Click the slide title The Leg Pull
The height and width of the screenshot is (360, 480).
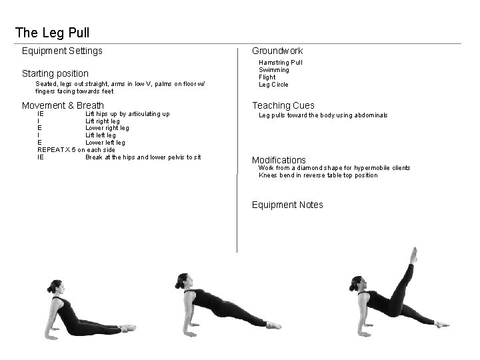point(52,32)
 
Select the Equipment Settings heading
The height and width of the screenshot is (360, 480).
point(62,51)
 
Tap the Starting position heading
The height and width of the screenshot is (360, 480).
point(55,73)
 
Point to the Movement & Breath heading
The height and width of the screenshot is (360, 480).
point(63,105)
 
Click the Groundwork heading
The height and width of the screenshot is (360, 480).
point(277,51)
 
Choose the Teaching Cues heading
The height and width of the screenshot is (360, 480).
point(283,105)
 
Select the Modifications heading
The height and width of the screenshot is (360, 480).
point(279,160)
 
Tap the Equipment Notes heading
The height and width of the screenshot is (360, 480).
point(287,205)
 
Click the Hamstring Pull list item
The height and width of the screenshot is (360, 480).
point(280,63)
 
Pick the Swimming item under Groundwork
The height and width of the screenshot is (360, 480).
point(273,70)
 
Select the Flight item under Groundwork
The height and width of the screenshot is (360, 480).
point(268,77)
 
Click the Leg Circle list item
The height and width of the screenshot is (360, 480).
point(273,85)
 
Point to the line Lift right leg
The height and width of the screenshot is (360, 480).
point(103,121)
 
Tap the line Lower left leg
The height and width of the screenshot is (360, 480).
point(105,143)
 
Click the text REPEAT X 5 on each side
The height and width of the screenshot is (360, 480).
point(76,150)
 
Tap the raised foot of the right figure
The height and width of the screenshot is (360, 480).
point(414,254)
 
